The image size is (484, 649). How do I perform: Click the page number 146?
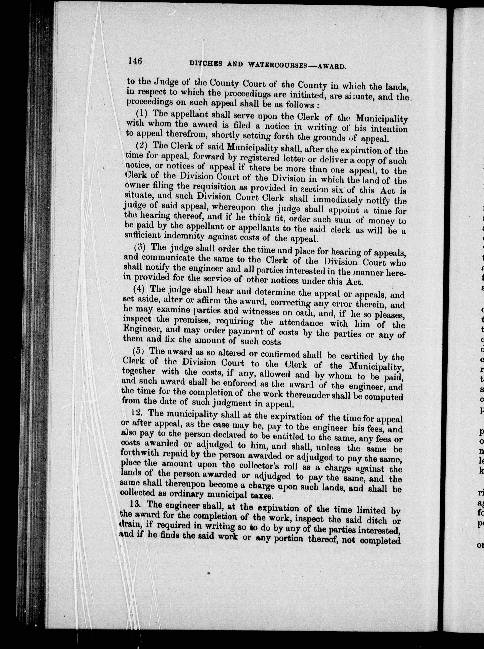point(135,61)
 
